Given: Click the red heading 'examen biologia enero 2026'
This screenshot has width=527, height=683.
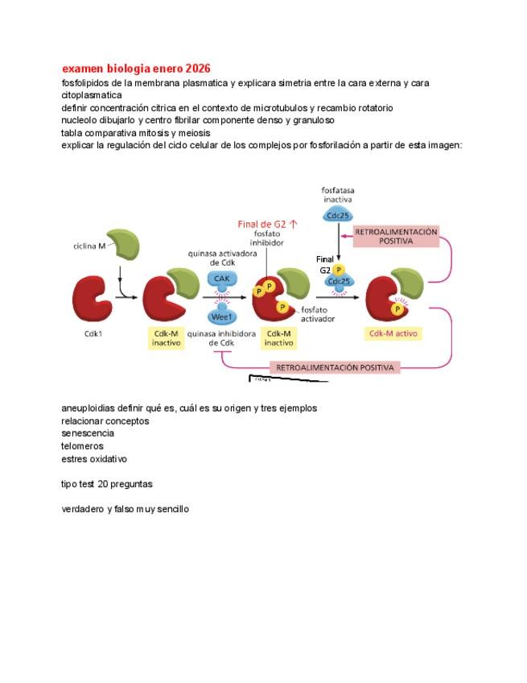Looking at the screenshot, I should click(x=136, y=68).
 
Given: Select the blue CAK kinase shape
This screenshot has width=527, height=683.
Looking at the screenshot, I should click(x=223, y=278).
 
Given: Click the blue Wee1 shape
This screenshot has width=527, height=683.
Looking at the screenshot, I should click(x=223, y=317).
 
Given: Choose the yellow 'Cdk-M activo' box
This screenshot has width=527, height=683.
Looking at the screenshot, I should click(x=394, y=333).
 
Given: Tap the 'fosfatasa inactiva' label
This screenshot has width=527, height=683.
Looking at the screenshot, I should click(x=338, y=194).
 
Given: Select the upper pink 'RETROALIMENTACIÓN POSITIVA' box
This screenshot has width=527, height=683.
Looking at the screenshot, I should click(x=396, y=236).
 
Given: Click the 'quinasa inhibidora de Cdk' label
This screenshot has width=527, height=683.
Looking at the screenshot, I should click(x=221, y=337).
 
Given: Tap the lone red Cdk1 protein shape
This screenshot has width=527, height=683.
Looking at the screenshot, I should click(x=93, y=300).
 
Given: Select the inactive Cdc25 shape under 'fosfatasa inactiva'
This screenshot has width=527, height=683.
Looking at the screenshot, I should click(x=338, y=216).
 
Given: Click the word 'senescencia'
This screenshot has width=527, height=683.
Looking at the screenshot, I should click(x=88, y=433).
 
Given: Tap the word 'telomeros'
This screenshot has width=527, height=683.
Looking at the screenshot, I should click(x=82, y=446).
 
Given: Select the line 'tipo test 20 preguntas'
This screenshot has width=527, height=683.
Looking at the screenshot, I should click(x=106, y=484).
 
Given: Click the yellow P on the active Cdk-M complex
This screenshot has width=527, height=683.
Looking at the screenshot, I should click(x=397, y=309).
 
